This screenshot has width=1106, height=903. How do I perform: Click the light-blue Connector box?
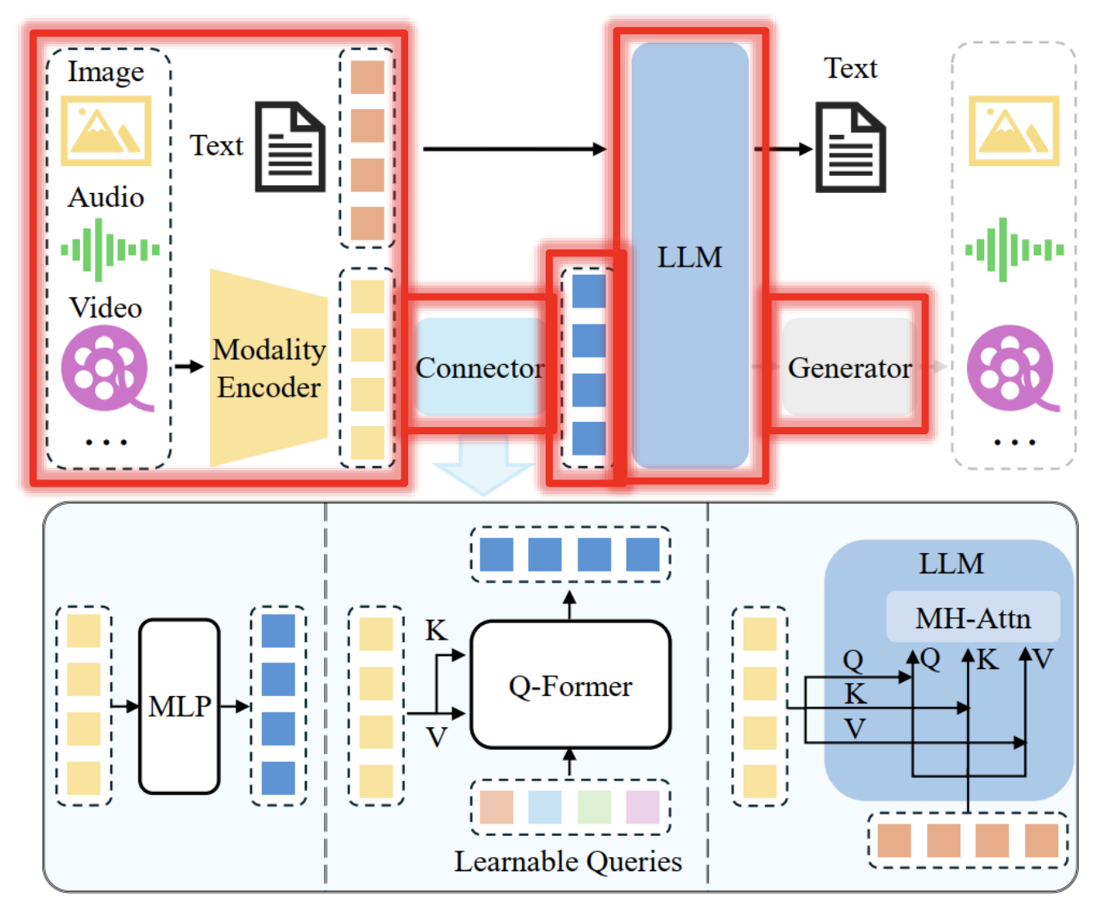coord(479,367)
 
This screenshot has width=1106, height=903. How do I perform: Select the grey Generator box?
coord(848,367)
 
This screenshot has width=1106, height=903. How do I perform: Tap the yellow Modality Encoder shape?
coord(268,368)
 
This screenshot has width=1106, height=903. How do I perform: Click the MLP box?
coord(179,706)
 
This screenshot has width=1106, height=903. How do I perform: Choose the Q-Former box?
coord(570,685)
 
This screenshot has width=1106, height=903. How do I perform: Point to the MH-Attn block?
coord(973,618)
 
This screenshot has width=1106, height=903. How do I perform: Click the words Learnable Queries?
coord(568,861)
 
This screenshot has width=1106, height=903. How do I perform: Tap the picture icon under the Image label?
coord(106,131)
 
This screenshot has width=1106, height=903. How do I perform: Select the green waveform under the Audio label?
coord(110,249)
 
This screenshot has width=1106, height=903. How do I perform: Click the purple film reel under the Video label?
coord(106,368)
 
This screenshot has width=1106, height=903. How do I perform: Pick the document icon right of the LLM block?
coord(851,147)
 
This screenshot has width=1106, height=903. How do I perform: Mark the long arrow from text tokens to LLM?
coord(514,149)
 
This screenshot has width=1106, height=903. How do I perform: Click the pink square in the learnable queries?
coord(642,807)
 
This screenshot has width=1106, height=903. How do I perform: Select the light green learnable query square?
coord(594,807)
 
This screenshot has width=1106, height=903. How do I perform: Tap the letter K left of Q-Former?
coord(436,631)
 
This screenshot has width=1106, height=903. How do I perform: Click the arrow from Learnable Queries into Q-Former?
coord(570,763)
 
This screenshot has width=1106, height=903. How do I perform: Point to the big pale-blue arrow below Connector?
coord(483,466)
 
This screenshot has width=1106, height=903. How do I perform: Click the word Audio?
coord(106,197)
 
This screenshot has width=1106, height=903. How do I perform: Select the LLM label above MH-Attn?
coord(951,564)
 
